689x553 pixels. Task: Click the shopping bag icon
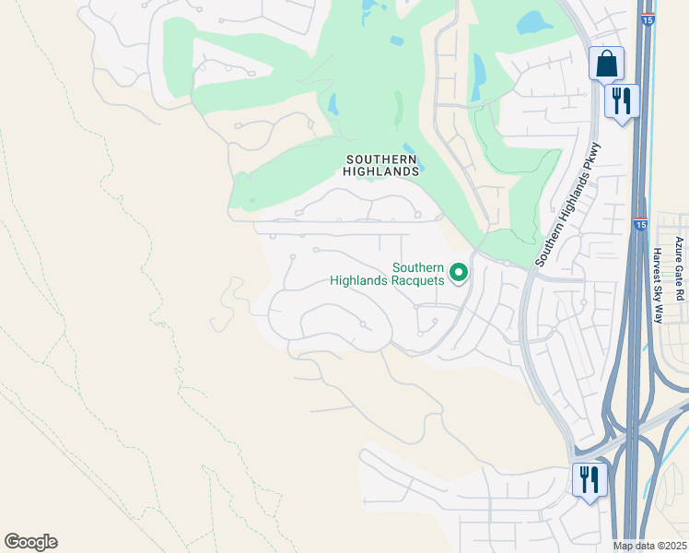(606, 65)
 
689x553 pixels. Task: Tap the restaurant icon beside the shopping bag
(622, 100)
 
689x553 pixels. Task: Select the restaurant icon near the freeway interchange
(590, 479)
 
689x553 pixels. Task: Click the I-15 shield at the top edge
(648, 18)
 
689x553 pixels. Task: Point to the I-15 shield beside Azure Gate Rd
(640, 224)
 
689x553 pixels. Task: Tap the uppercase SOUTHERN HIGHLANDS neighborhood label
(381, 165)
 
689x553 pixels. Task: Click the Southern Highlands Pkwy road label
(566, 204)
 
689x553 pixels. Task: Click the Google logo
(30, 542)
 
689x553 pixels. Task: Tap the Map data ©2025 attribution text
(649, 546)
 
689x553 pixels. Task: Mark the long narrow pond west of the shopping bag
(477, 76)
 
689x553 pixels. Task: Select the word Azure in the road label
(679, 252)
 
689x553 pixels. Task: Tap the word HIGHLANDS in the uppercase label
(381, 171)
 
